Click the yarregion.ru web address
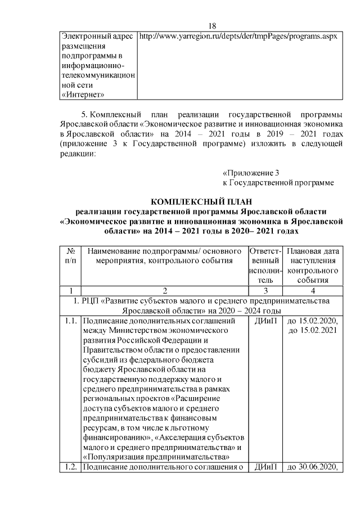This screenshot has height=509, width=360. pyautogui.click(x=237, y=36)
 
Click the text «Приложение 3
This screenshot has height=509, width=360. pyautogui.click(x=251, y=172)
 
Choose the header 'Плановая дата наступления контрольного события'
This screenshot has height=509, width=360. pyautogui.click(x=313, y=265)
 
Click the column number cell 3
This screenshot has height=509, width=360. pyautogui.click(x=265, y=291)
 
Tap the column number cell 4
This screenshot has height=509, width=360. pyautogui.click(x=313, y=291)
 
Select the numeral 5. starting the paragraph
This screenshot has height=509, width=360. pyautogui.click(x=85, y=115)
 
